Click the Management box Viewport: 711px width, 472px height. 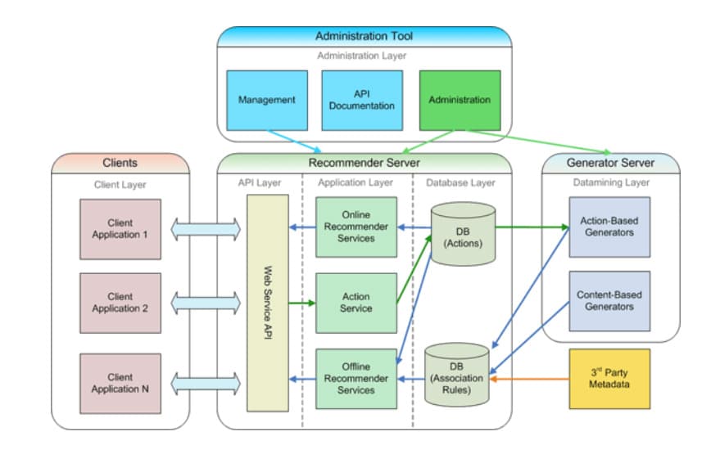tap(266, 100)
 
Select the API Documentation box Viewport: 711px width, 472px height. tap(362, 100)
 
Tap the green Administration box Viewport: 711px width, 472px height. tap(460, 100)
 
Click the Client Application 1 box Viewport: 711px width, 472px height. tap(120, 228)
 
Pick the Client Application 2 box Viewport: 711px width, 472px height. tap(120, 303)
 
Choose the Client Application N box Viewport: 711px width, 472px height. tap(120, 383)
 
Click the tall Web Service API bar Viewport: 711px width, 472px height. tap(268, 303)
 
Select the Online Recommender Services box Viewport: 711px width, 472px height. tap(356, 227)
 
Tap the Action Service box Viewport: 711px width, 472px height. tap(356, 303)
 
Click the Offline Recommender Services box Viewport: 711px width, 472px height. tap(356, 379)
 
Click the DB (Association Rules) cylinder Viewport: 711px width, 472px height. tap(458, 377)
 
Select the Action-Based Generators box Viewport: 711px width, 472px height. tap(609, 227)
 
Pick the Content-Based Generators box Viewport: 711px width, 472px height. tap(609, 301)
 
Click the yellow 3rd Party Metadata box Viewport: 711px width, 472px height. tap(609, 379)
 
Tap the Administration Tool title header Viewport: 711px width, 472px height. tap(364, 37)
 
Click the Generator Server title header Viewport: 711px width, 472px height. tap(610, 163)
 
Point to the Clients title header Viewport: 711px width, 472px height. tap(120, 163)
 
